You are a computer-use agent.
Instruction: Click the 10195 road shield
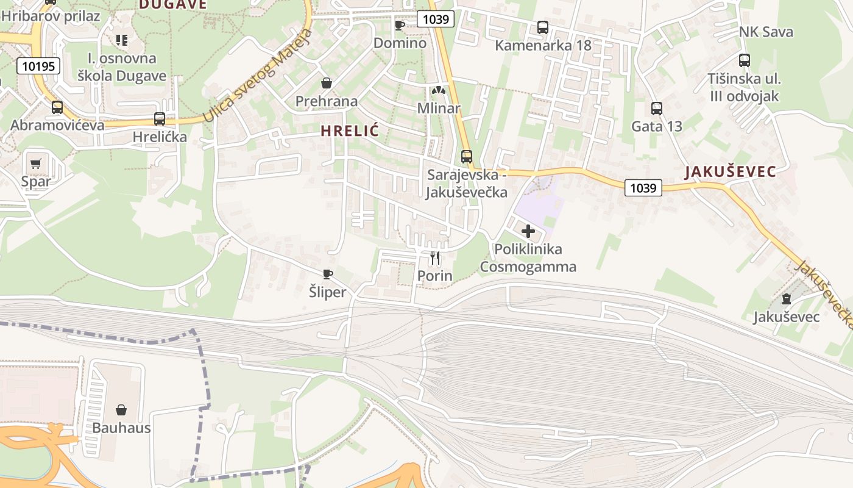38,66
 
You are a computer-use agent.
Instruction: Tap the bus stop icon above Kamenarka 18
542,27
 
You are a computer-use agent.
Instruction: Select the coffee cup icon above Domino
399,25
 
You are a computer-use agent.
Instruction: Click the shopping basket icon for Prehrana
327,83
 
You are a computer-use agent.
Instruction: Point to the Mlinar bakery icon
438,90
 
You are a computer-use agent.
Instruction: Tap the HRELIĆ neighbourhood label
350,131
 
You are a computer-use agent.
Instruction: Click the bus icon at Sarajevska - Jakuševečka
467,157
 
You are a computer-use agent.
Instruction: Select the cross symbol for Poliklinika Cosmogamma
528,231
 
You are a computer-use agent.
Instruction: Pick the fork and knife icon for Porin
434,258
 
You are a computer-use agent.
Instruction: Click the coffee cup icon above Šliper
327,274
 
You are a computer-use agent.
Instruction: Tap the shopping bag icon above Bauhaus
121,409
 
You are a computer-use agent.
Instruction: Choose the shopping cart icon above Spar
36,163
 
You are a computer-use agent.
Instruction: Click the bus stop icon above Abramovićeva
57,107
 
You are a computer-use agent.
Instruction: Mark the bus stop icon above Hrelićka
160,119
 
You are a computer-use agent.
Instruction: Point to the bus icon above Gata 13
656,109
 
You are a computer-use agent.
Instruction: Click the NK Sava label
766,32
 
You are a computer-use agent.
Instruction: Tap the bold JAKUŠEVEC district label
731,171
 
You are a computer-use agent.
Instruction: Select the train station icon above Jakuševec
786,299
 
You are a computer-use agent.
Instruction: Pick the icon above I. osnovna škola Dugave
121,40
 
